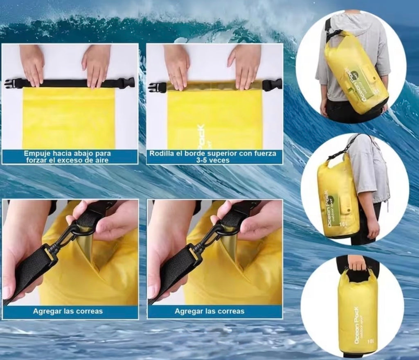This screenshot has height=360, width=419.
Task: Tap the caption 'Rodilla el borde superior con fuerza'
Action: [x=215, y=154]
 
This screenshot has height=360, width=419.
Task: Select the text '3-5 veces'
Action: [x=215, y=160]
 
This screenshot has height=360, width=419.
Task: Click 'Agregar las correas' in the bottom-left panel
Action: [x=68, y=311]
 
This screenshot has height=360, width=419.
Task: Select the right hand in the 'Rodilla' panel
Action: [x=245, y=66]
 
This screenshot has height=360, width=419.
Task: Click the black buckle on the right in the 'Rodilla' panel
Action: [x=273, y=85]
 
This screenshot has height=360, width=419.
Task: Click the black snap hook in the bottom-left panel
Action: [x=65, y=242]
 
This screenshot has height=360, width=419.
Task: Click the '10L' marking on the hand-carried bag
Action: [x=369, y=342]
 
